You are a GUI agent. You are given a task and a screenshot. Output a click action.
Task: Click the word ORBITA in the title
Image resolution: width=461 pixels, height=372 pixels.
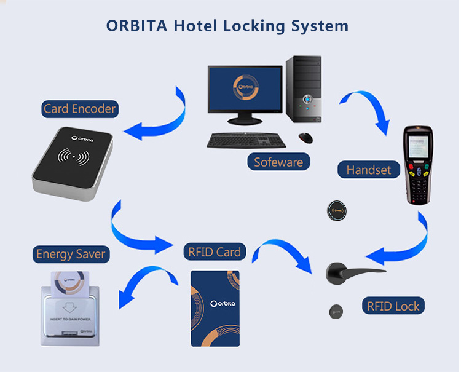137,26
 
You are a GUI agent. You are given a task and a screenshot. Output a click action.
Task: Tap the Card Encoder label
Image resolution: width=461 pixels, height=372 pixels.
79,109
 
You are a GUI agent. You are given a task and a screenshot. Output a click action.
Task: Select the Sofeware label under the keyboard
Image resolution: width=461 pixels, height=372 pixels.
278,162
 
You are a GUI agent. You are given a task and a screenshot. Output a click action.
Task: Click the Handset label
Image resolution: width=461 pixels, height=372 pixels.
368,170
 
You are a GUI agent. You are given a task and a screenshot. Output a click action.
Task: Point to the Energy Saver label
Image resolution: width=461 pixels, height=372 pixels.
71,254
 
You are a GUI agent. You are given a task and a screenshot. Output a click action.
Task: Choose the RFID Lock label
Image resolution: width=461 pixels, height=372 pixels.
393,306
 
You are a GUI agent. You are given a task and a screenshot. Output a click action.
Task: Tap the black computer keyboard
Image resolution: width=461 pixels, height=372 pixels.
245,140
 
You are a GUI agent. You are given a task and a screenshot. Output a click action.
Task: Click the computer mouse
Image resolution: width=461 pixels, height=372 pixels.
305,137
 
